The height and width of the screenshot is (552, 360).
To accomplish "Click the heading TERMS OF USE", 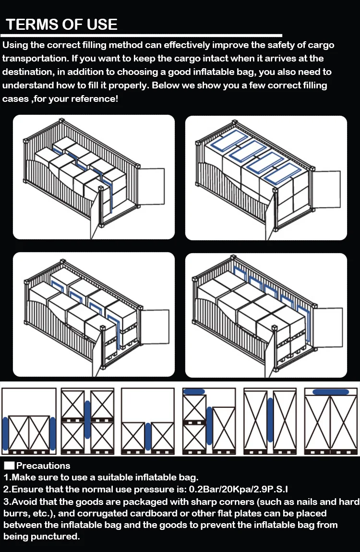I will (x=61, y=24).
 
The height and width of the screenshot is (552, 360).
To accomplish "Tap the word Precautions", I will (x=43, y=466).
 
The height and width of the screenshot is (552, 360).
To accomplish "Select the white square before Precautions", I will (x=9, y=466).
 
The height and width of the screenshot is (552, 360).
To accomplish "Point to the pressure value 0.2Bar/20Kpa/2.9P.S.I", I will (x=232, y=490).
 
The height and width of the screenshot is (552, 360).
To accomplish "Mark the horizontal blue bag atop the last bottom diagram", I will (x=331, y=392).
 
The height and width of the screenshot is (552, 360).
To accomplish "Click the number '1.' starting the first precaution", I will (x=7, y=478).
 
